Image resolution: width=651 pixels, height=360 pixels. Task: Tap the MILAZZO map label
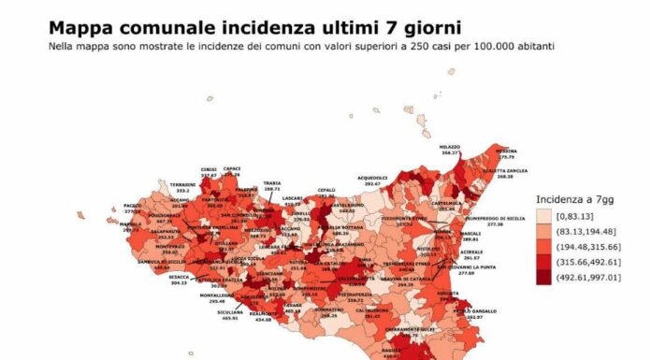450,147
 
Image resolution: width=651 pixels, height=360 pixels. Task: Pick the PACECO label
132,206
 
